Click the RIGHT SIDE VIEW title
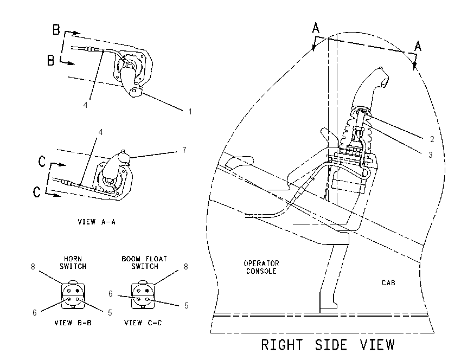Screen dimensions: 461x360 pyautogui.click(x=328, y=345)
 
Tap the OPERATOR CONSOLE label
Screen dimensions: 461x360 pyautogui.click(x=261, y=267)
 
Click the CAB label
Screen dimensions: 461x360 pyautogui.click(x=388, y=282)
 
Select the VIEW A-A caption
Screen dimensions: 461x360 pyautogui.click(x=97, y=222)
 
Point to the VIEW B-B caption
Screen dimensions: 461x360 pyautogui.click(x=73, y=323)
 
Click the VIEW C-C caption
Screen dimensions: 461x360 pyautogui.click(x=143, y=323)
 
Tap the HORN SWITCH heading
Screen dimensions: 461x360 pyautogui.click(x=73, y=263)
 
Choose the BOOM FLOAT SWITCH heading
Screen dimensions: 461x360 pyautogui.click(x=144, y=263)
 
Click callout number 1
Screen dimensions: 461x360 pyautogui.click(x=190, y=112)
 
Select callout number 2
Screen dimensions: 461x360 pyautogui.click(x=432, y=139)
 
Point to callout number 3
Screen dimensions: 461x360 pyautogui.click(x=431, y=155)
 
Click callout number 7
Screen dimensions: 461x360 pyautogui.click(x=184, y=150)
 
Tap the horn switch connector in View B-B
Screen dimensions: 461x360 pyautogui.click(x=73, y=295)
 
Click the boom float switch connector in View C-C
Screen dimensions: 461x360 pyautogui.click(x=143, y=295)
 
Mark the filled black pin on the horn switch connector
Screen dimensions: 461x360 pyautogui.click(x=78, y=291)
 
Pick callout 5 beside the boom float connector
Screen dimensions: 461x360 pyautogui.click(x=186, y=306)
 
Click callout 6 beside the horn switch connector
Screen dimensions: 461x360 pyautogui.click(x=34, y=313)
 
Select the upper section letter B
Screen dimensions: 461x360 pyautogui.click(x=56, y=30)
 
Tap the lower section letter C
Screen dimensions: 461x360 pyautogui.click(x=37, y=192)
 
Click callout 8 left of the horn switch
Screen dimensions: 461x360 pyautogui.click(x=33, y=267)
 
